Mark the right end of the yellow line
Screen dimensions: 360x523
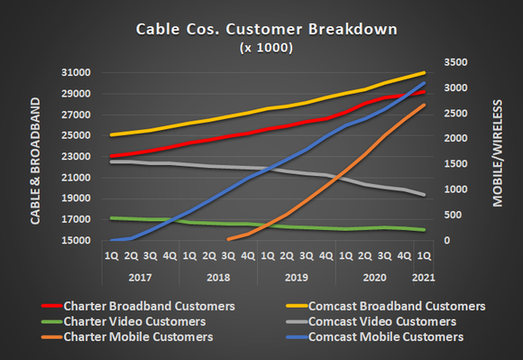[x=425, y=73]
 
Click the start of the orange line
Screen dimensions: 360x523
[x=228, y=240]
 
